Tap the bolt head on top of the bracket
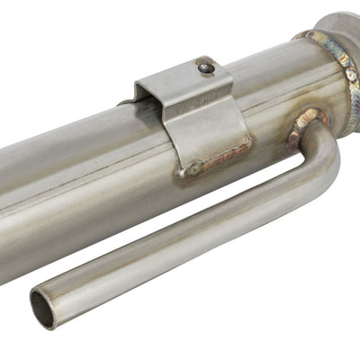pos(206,67)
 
